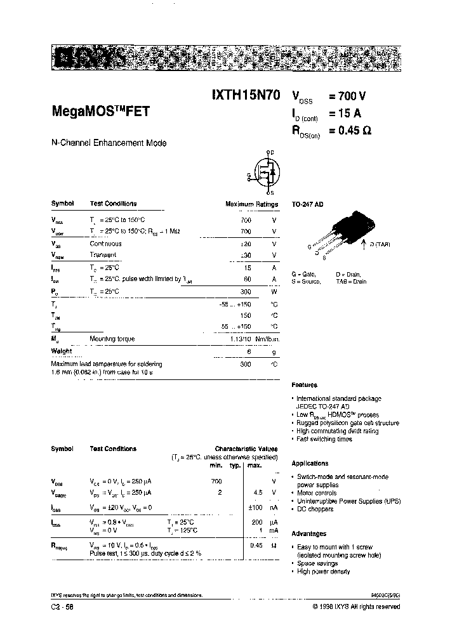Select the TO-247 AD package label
tap(307, 205)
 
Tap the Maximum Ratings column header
tap(251, 204)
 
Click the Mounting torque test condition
tap(112, 339)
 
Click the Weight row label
tap(62, 351)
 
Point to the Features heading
tap(304, 385)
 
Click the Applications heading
tap(310, 463)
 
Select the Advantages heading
tap(308, 534)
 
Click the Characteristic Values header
tap(246, 449)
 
